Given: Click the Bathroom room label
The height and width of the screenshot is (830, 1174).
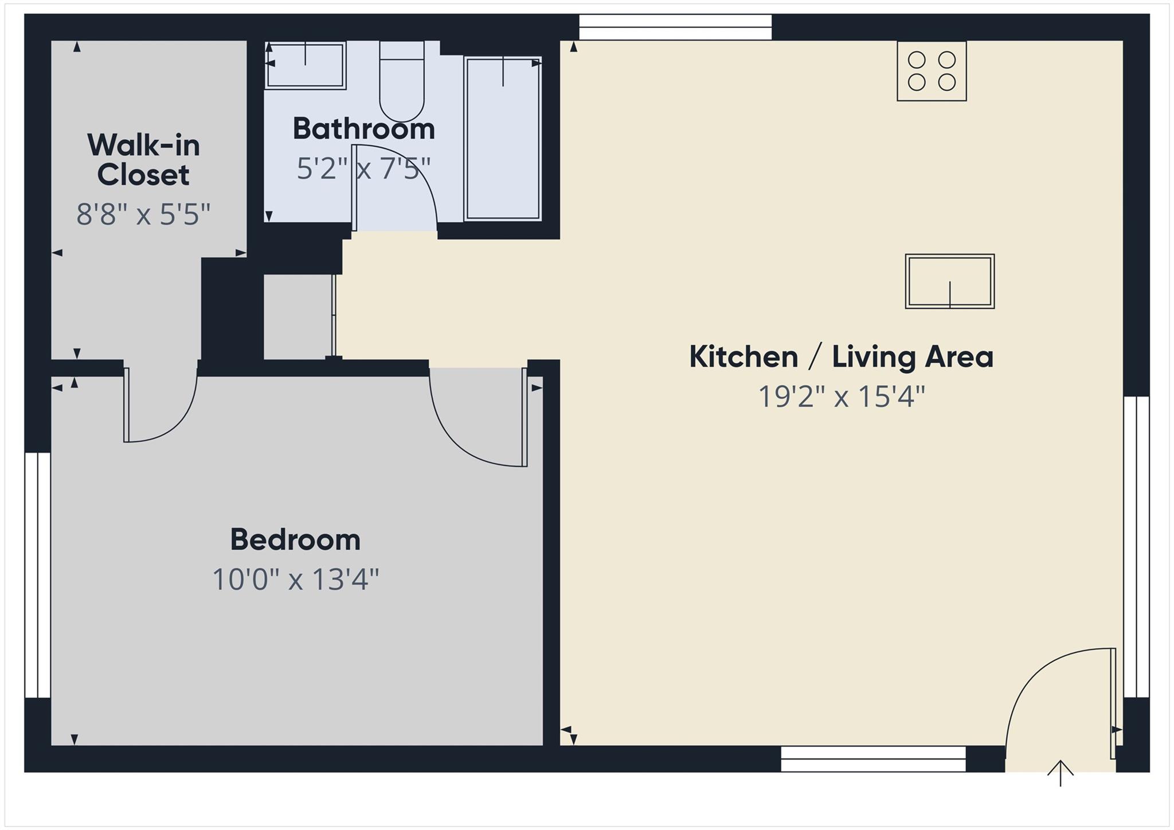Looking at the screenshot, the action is pos(363,128).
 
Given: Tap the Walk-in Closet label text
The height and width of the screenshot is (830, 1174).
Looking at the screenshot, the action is pos(143,159).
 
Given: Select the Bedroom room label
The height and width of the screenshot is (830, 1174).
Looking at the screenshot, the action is pos(295,539).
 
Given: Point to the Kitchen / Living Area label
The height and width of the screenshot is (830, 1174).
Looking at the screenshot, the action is pos(841,357).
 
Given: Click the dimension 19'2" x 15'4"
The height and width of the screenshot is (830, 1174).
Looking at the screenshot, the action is pos(841,396).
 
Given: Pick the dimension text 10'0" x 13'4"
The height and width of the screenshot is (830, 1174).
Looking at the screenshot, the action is pos(295,579).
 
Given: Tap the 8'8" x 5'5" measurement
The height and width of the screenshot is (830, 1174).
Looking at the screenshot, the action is pos(143,214).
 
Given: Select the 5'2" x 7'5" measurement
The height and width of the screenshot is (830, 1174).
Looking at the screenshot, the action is pos(363,169).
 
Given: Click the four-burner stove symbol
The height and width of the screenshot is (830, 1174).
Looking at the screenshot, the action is pos(932,71).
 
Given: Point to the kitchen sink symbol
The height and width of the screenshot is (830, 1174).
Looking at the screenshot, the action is pos(950,281).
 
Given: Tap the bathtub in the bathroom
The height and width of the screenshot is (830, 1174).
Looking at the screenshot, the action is pos(503,138).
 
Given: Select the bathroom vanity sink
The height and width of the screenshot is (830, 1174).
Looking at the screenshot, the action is pos(306,65).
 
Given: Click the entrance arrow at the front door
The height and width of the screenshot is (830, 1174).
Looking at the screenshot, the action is pos(1060,773).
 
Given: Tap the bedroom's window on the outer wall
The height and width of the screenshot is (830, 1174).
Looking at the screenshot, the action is pos(38,575).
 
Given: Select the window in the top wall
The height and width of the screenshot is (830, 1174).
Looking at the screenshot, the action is pos(675,27).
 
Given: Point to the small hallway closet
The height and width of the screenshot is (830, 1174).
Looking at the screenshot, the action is pos(298,316).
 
